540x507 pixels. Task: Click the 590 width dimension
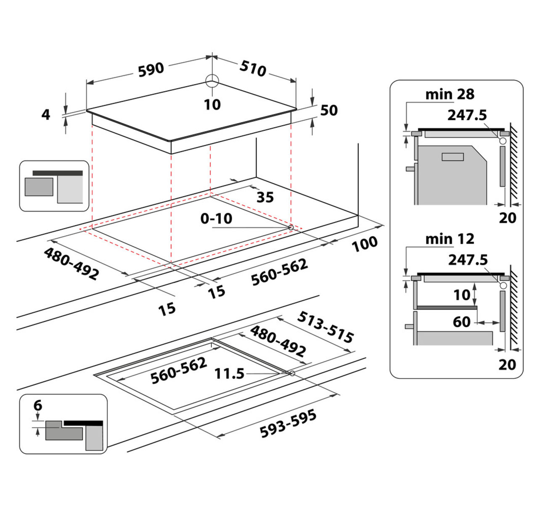pyautogui.click(x=151, y=69)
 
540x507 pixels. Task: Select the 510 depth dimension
pyautogui.click(x=253, y=69)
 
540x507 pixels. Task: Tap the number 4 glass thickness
pyautogui.click(x=46, y=114)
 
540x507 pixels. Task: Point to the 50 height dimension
pyautogui.click(x=329, y=110)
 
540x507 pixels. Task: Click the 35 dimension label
pyautogui.click(x=265, y=197)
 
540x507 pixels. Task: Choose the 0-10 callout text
pyautogui.click(x=217, y=218)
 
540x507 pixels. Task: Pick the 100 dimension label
pyautogui.click(x=365, y=244)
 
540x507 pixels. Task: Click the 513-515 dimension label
pyautogui.click(x=325, y=327)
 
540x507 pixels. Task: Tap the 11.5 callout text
pyautogui.click(x=230, y=373)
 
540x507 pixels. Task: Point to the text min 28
pyautogui.click(x=450, y=94)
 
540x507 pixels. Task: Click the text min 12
pyautogui.click(x=450, y=239)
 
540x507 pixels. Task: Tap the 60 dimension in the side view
pyautogui.click(x=461, y=322)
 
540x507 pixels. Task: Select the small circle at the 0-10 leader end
pyautogui.click(x=291, y=227)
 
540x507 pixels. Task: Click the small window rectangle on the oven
pyautogui.click(x=453, y=157)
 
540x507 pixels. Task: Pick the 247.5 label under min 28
pyautogui.click(x=467, y=115)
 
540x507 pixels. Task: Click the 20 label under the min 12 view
pyautogui.click(x=507, y=364)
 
